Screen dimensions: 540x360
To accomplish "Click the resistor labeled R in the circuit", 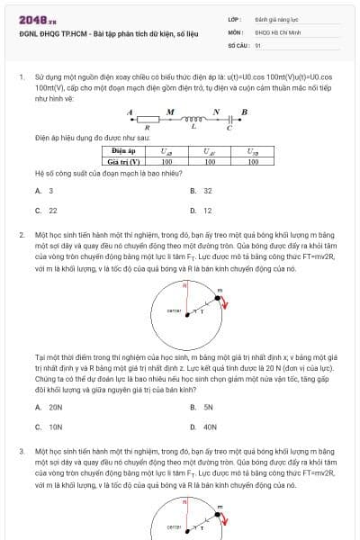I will [148, 119].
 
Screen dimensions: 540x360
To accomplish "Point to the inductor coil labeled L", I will [193, 119].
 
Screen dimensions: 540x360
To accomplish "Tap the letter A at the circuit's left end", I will [130, 112].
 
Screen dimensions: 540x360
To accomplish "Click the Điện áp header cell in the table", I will [123, 152].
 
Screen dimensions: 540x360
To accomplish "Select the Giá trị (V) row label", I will [123, 161].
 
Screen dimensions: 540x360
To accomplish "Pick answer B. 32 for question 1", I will [202, 191].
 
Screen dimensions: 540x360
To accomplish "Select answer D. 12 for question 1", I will [202, 211].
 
